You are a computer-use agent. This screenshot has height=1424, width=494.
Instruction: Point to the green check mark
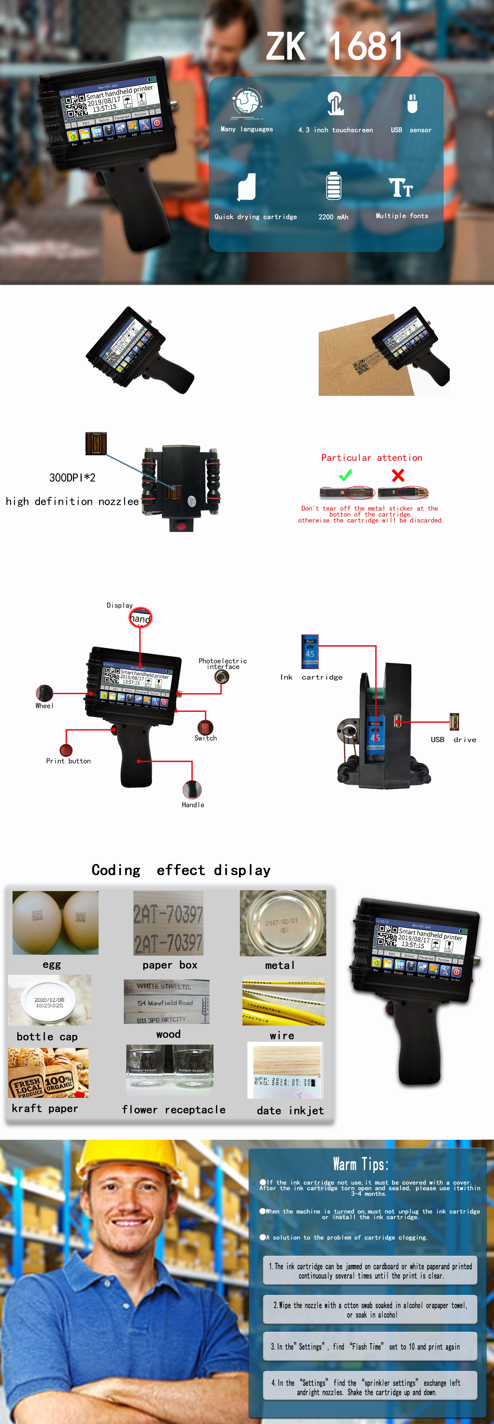click(x=345, y=475)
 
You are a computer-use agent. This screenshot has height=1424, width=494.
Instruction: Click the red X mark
click(x=398, y=475)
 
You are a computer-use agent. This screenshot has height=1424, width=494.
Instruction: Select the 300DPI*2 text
click(x=73, y=478)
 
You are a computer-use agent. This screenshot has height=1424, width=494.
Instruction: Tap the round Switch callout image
click(x=205, y=727)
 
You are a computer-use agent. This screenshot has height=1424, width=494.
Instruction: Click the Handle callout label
click(x=193, y=805)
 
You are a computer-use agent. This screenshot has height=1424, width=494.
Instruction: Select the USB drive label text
click(x=453, y=740)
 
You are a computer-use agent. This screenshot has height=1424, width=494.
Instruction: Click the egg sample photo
click(x=55, y=923)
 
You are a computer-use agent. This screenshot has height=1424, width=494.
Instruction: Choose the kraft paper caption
click(x=45, y=1108)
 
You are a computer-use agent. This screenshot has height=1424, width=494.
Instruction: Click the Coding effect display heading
click(x=181, y=870)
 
